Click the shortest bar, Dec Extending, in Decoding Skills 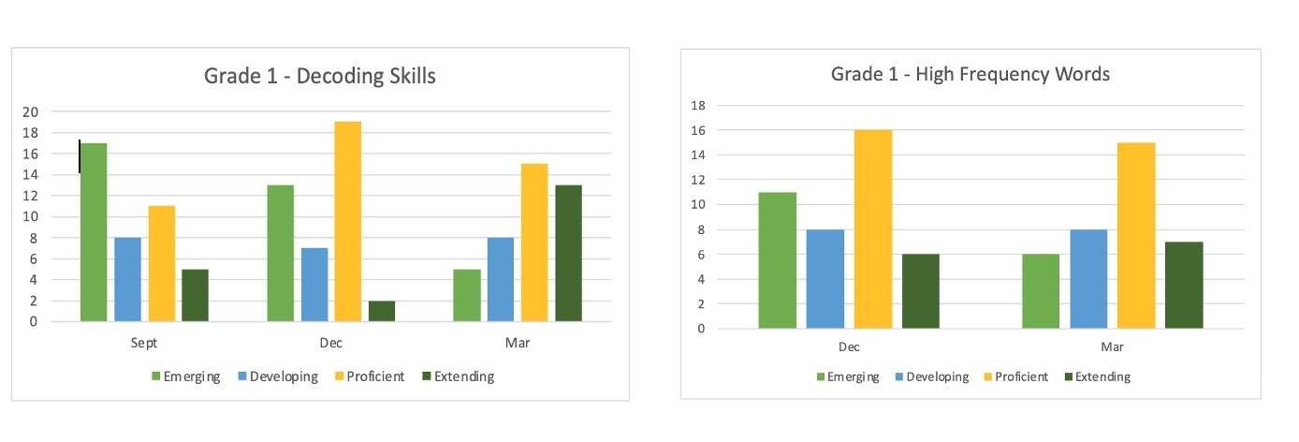click(x=382, y=311)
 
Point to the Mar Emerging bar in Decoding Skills click(x=467, y=295)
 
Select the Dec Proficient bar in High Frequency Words click(x=873, y=228)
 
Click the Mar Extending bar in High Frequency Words click(x=1184, y=285)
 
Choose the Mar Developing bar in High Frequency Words click(x=1088, y=278)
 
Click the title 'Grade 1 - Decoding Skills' click(x=320, y=76)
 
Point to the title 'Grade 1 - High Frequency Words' click(x=971, y=74)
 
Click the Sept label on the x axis click(x=144, y=344)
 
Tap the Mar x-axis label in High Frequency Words click(x=1112, y=347)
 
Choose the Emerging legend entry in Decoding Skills click(x=185, y=376)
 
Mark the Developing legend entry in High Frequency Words click(x=931, y=376)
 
